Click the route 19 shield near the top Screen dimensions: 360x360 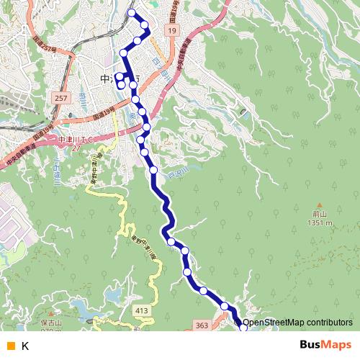tap(170, 31)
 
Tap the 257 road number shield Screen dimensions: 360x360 tap(61, 96)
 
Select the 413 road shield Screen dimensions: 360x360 tap(141, 310)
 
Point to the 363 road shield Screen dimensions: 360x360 tap(202, 326)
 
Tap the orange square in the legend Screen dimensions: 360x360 tap(9, 346)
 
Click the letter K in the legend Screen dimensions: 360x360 tap(24, 346)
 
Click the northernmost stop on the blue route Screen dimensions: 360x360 tap(131, 12)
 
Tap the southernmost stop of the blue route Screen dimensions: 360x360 tap(242, 328)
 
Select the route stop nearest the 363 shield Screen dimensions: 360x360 tap(225, 307)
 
